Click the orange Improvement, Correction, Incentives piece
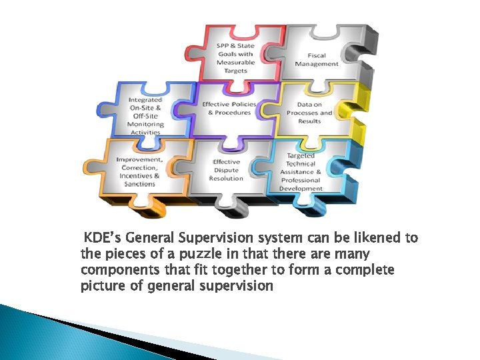pyautogui.click(x=139, y=171)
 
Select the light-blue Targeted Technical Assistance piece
pyautogui.click(x=301, y=171)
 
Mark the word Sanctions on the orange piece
pyautogui.click(x=139, y=184)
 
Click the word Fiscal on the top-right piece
pyautogui.click(x=317, y=55)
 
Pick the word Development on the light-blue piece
pyautogui.click(x=301, y=189)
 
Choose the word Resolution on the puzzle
pyautogui.click(x=226, y=179)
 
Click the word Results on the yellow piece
pyautogui.click(x=309, y=121)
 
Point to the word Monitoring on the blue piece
pyautogui.click(x=145, y=124)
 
